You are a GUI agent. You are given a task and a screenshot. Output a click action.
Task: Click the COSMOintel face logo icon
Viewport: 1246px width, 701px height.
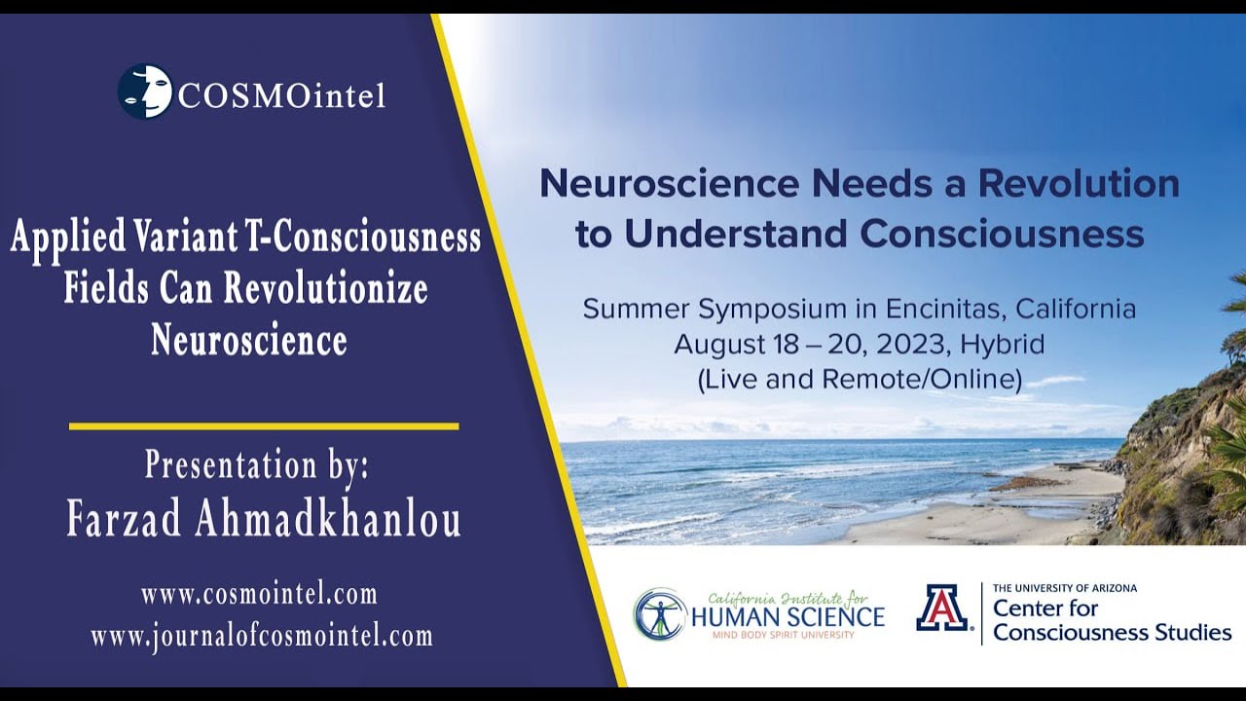tap(145, 92)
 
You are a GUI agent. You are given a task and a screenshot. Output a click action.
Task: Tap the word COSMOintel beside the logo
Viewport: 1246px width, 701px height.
tap(281, 94)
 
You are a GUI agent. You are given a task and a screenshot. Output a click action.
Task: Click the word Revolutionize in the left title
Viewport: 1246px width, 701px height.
tap(325, 289)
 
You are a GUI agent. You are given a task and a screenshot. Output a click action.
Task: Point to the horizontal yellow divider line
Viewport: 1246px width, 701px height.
tap(263, 425)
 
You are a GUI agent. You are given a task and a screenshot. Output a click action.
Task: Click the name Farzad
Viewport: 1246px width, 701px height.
tap(126, 520)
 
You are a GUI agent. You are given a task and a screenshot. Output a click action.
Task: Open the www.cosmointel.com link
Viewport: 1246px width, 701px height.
tap(258, 594)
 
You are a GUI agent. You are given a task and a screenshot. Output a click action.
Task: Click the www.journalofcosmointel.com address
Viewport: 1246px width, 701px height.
tap(261, 637)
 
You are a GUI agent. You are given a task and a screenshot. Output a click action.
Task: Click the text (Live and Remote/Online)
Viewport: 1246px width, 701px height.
tap(860, 379)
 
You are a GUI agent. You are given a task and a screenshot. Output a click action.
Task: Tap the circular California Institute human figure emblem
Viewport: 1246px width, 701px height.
tap(660, 613)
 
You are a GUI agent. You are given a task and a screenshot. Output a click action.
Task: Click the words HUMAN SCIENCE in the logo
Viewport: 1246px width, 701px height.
tap(787, 616)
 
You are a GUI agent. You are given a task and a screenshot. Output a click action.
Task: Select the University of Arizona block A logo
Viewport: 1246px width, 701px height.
tap(941, 608)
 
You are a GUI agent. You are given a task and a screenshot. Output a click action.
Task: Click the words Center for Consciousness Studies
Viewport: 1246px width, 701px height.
tap(1112, 620)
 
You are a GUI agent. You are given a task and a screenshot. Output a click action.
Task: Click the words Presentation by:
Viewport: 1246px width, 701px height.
tap(257, 464)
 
